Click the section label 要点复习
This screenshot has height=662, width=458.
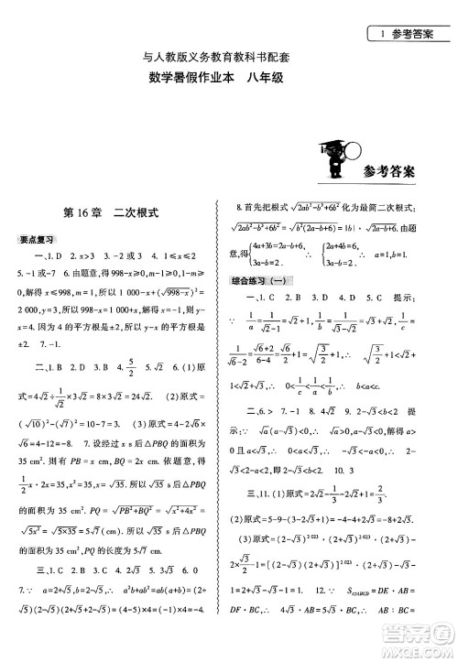(36, 240)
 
